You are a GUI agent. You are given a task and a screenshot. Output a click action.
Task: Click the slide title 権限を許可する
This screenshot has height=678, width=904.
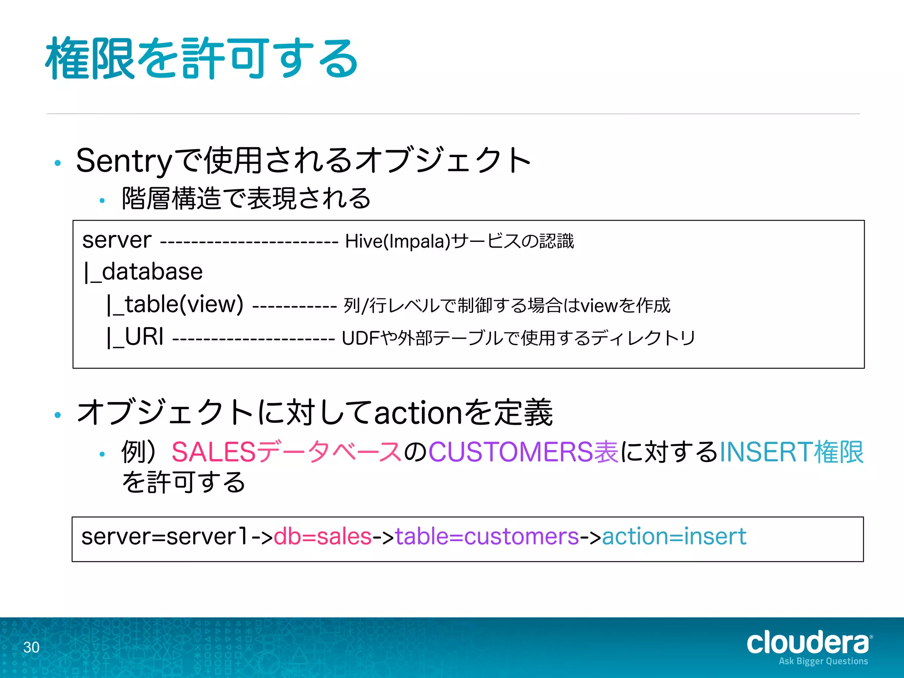tap(201, 58)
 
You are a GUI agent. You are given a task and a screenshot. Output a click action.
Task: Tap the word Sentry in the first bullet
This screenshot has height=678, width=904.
tap(124, 161)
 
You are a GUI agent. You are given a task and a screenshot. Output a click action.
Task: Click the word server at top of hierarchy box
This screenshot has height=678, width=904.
tap(117, 241)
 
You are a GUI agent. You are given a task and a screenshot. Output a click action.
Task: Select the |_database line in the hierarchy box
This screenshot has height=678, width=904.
tap(143, 272)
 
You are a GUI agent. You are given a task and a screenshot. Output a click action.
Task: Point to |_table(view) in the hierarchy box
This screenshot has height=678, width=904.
tap(175, 305)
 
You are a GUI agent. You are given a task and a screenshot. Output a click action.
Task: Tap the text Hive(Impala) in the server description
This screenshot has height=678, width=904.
tap(397, 241)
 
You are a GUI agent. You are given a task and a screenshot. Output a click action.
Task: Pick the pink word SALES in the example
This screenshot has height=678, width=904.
tap(214, 452)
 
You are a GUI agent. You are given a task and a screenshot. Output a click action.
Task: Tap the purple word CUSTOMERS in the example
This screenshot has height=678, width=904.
tap(511, 452)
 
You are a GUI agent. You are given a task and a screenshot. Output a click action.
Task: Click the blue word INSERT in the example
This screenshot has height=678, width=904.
tap(766, 452)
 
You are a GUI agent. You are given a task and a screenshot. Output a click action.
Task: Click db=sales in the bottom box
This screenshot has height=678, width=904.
tap(323, 537)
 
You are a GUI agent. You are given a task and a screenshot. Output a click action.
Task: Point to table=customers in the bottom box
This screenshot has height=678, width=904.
tap(487, 537)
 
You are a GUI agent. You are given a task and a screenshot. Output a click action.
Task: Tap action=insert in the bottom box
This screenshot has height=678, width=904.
tap(674, 537)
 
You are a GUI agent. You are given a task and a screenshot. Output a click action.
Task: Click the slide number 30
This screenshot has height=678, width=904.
tap(31, 648)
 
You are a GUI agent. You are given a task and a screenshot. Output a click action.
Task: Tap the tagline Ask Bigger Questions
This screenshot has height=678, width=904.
tap(823, 661)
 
